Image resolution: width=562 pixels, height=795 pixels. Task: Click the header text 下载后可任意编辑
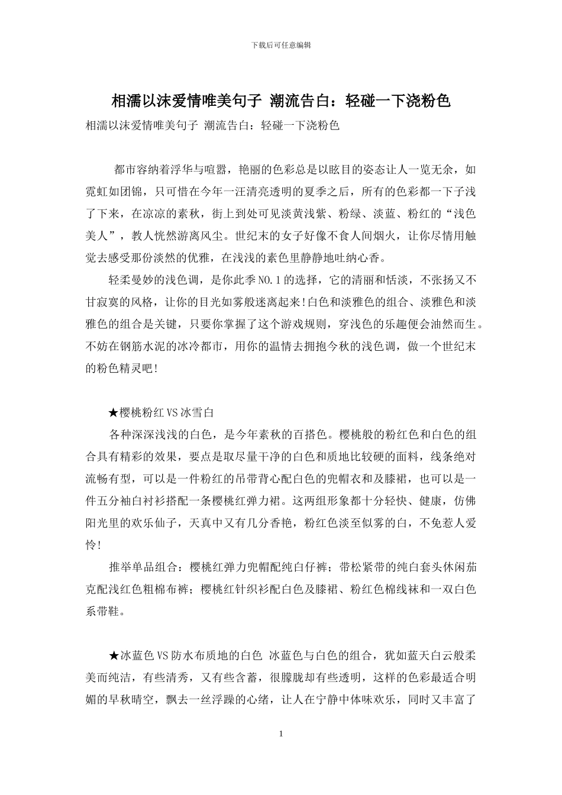(281, 45)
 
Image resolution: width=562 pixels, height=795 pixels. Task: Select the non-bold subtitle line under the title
(212, 125)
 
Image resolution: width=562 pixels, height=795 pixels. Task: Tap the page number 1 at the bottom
(281, 734)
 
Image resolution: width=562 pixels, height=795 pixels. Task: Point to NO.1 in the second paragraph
(275, 280)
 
